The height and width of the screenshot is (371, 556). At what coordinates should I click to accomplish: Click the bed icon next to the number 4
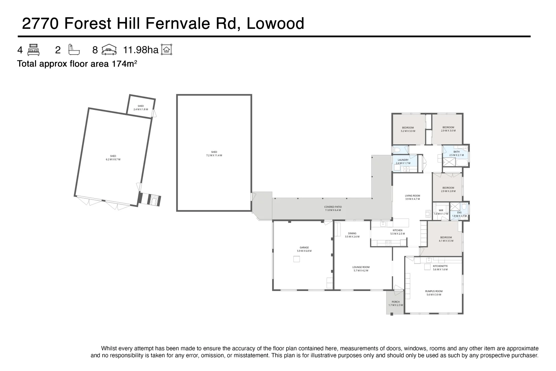[x=34, y=50]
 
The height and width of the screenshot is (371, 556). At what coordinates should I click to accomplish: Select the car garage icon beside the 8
[x=109, y=50]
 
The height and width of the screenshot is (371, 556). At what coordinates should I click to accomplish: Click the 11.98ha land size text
[x=141, y=50]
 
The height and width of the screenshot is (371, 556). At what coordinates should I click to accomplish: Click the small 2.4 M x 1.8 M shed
[x=141, y=108]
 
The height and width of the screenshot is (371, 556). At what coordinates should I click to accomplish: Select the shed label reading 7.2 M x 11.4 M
[x=214, y=154]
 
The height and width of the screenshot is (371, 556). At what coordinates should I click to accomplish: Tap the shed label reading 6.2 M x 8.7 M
[x=113, y=158]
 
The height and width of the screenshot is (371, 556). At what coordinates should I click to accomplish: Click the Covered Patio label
[x=333, y=209]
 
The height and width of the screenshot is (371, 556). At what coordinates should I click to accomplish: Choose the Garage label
[x=304, y=249]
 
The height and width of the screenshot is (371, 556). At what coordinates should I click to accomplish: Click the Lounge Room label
[x=361, y=269]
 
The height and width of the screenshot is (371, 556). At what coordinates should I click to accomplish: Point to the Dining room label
[x=352, y=235]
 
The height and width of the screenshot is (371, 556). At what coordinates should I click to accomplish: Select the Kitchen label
[x=397, y=232]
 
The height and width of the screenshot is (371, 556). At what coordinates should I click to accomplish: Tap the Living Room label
[x=412, y=197]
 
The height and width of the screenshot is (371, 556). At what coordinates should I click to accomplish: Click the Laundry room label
[x=403, y=161]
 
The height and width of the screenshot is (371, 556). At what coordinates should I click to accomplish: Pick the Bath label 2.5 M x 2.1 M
[x=456, y=153]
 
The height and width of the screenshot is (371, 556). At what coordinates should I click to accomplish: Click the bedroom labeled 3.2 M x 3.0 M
[x=408, y=129]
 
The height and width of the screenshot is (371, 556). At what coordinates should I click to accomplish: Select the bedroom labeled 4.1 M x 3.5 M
[x=446, y=239]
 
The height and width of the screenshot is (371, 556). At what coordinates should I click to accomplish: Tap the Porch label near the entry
[x=395, y=303]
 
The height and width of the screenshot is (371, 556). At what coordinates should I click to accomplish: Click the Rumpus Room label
[x=434, y=293]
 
